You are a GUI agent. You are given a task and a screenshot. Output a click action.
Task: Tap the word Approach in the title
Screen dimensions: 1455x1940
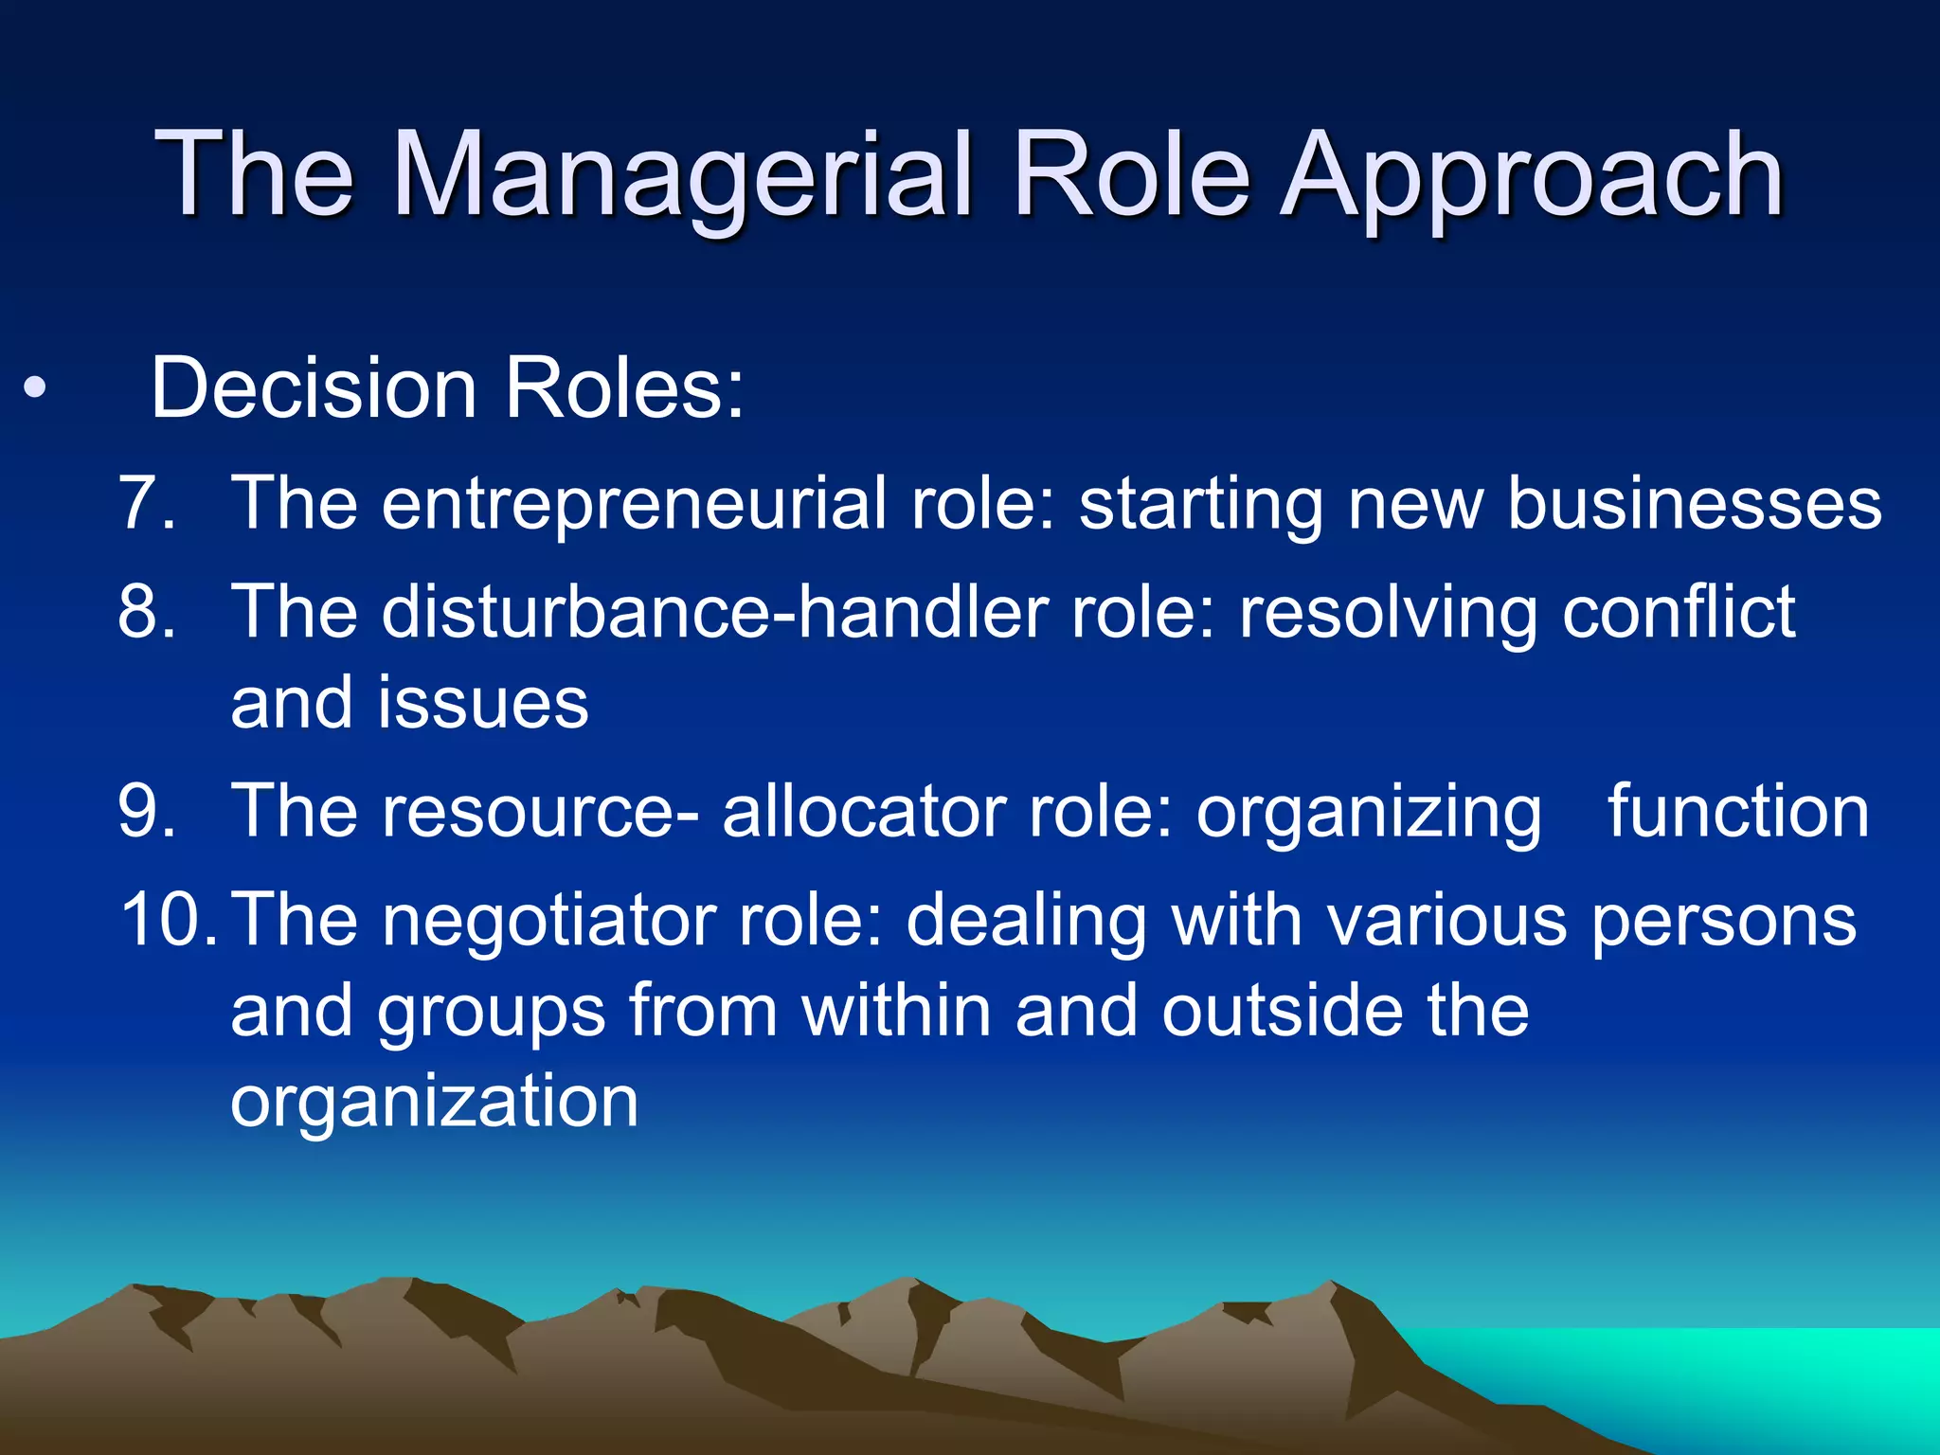pos(1532,178)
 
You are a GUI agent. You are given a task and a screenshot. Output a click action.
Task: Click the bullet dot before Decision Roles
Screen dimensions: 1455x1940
pos(35,389)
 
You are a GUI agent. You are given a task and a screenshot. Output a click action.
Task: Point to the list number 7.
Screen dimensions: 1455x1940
pos(147,503)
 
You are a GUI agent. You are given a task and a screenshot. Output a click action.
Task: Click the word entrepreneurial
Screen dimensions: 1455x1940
pos(635,503)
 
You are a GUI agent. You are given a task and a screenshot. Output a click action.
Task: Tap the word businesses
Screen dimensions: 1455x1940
pos(1694,503)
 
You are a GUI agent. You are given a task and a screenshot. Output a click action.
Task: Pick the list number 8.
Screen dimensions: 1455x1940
pos(147,612)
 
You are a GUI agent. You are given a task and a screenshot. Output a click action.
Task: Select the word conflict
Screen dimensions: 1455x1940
pos(1679,612)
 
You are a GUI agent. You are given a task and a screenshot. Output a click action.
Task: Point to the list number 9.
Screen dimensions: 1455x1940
pos(147,812)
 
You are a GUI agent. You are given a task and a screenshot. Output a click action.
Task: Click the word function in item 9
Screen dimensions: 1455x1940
pos(1738,812)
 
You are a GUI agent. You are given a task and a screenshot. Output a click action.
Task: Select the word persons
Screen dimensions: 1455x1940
pos(1724,921)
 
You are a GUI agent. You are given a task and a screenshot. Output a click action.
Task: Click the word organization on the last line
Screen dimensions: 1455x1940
pos(435,1102)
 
